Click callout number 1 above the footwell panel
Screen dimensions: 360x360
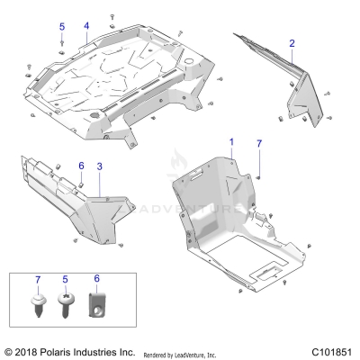coord(231,143)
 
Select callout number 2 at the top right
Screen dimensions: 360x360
coord(292,42)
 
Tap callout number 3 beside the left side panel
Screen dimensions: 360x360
coord(99,166)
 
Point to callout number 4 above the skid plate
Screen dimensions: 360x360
coord(86,26)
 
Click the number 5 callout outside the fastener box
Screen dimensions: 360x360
coord(61,26)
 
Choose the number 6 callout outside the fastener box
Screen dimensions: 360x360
coord(80,166)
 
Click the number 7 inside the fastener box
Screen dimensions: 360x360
coord(38,283)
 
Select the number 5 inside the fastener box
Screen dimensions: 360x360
coord(67,283)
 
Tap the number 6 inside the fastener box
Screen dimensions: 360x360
coord(96,283)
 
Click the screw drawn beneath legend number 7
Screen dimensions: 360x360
coord(38,305)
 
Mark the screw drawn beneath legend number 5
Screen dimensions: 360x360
coord(67,305)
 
